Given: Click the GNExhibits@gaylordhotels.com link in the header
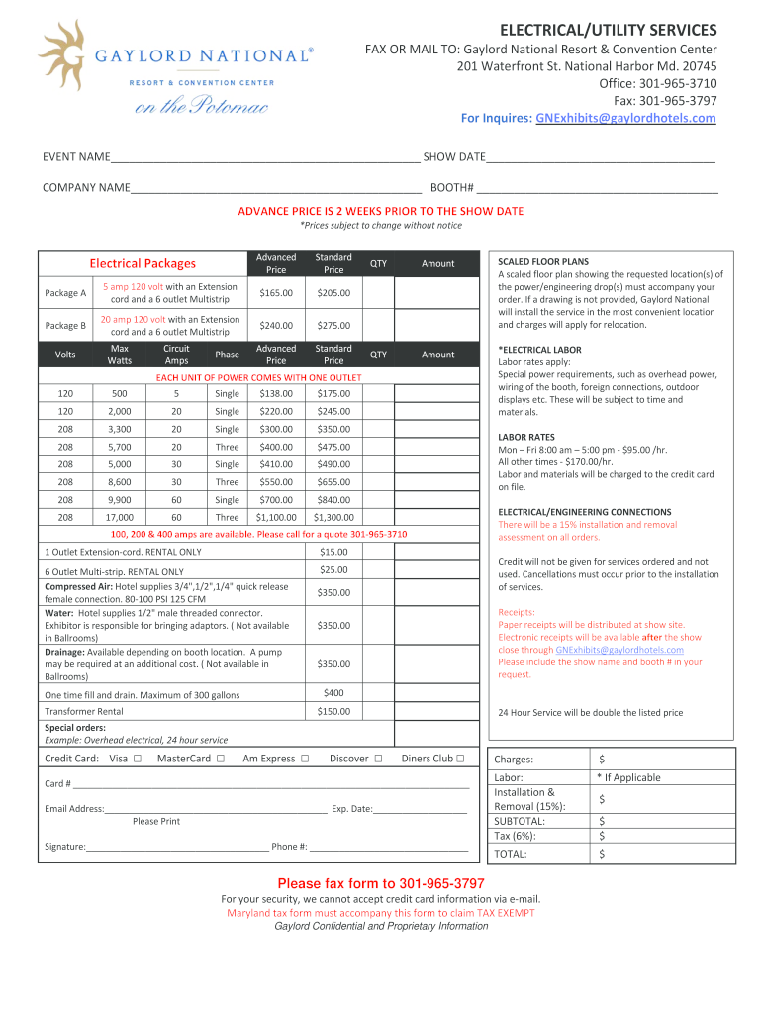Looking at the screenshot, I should point(625,118).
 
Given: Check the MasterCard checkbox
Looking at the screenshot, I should point(220,759).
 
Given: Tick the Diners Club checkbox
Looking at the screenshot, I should point(460,759).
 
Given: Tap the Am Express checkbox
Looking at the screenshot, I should point(304,759).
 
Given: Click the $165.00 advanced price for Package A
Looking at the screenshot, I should point(276,293).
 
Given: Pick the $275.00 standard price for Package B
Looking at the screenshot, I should point(333,325).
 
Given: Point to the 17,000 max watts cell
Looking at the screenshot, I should point(119,517).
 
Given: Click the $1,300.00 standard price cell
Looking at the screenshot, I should point(333,517).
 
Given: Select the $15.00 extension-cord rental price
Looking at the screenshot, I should point(333,552).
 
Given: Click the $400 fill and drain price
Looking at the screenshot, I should point(333,692).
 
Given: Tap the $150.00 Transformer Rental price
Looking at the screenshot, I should point(333,712).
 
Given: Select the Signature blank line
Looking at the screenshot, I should point(177,848).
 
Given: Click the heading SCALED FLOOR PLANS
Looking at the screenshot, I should point(543,262).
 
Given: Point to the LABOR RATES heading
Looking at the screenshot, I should point(526,437).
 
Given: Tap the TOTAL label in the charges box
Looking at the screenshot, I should point(511,853).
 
